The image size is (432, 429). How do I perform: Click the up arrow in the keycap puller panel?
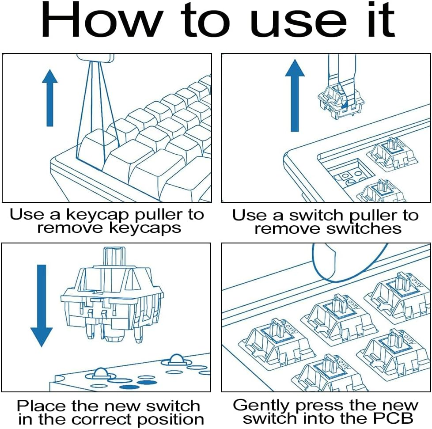point(50,98)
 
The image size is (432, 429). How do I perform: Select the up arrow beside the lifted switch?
point(295,95)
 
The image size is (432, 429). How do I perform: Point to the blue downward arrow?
point(42,305)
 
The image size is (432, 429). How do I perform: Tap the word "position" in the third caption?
point(174,420)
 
